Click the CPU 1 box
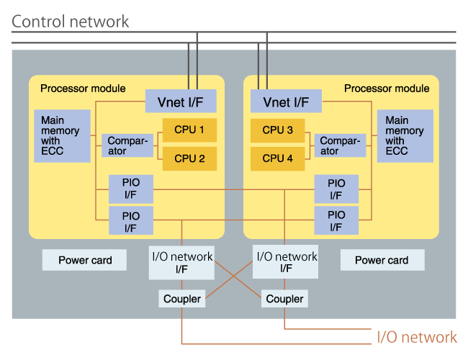pos(189,130)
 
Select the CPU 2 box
pos(189,158)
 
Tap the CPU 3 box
pos(277,130)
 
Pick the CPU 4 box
pos(277,158)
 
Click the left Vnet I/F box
pos(181,102)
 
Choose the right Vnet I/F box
pos(286,102)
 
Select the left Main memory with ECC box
pos(62,135)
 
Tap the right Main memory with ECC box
pos(405,135)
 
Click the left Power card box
pos(84,260)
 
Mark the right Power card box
pos(382,260)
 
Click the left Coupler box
pos(181,298)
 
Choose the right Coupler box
pos(285,298)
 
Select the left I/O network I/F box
pos(181,262)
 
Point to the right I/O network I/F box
pos(286,262)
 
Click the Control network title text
pos(71,21)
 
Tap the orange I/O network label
pos(417,337)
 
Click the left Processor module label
pos(83,89)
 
